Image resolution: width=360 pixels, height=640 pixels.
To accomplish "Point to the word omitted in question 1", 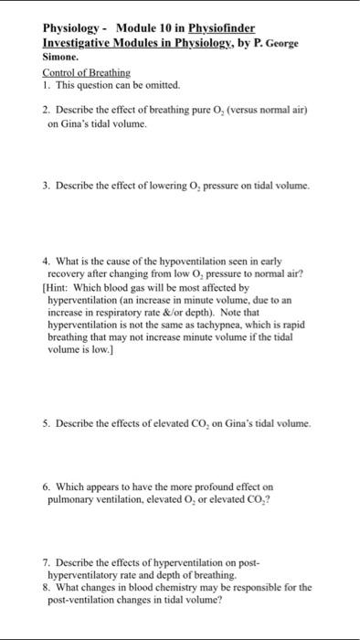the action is click(x=162, y=84).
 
